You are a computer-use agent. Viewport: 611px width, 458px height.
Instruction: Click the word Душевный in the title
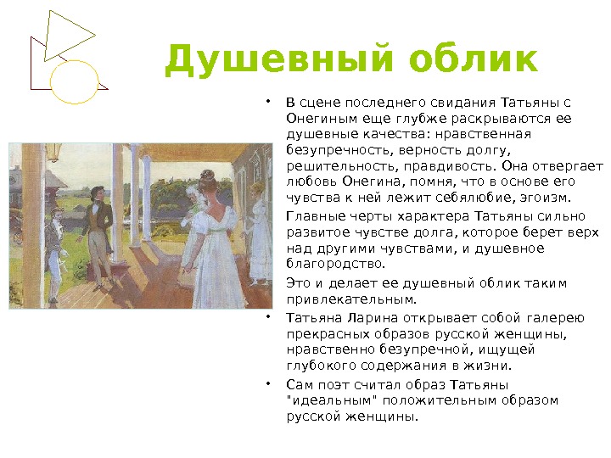point(278,59)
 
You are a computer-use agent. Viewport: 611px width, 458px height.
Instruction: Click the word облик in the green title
point(474,59)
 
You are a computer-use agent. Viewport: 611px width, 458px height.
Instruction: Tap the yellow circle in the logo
point(74,82)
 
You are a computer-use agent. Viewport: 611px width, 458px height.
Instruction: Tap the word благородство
point(335,264)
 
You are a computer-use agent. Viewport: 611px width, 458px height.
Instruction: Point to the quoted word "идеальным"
point(334,400)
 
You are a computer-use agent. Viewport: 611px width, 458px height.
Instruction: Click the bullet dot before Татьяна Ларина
point(268,317)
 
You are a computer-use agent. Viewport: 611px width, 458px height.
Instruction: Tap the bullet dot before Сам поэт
point(268,384)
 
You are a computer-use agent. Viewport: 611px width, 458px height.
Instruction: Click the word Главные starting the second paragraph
point(316,216)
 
